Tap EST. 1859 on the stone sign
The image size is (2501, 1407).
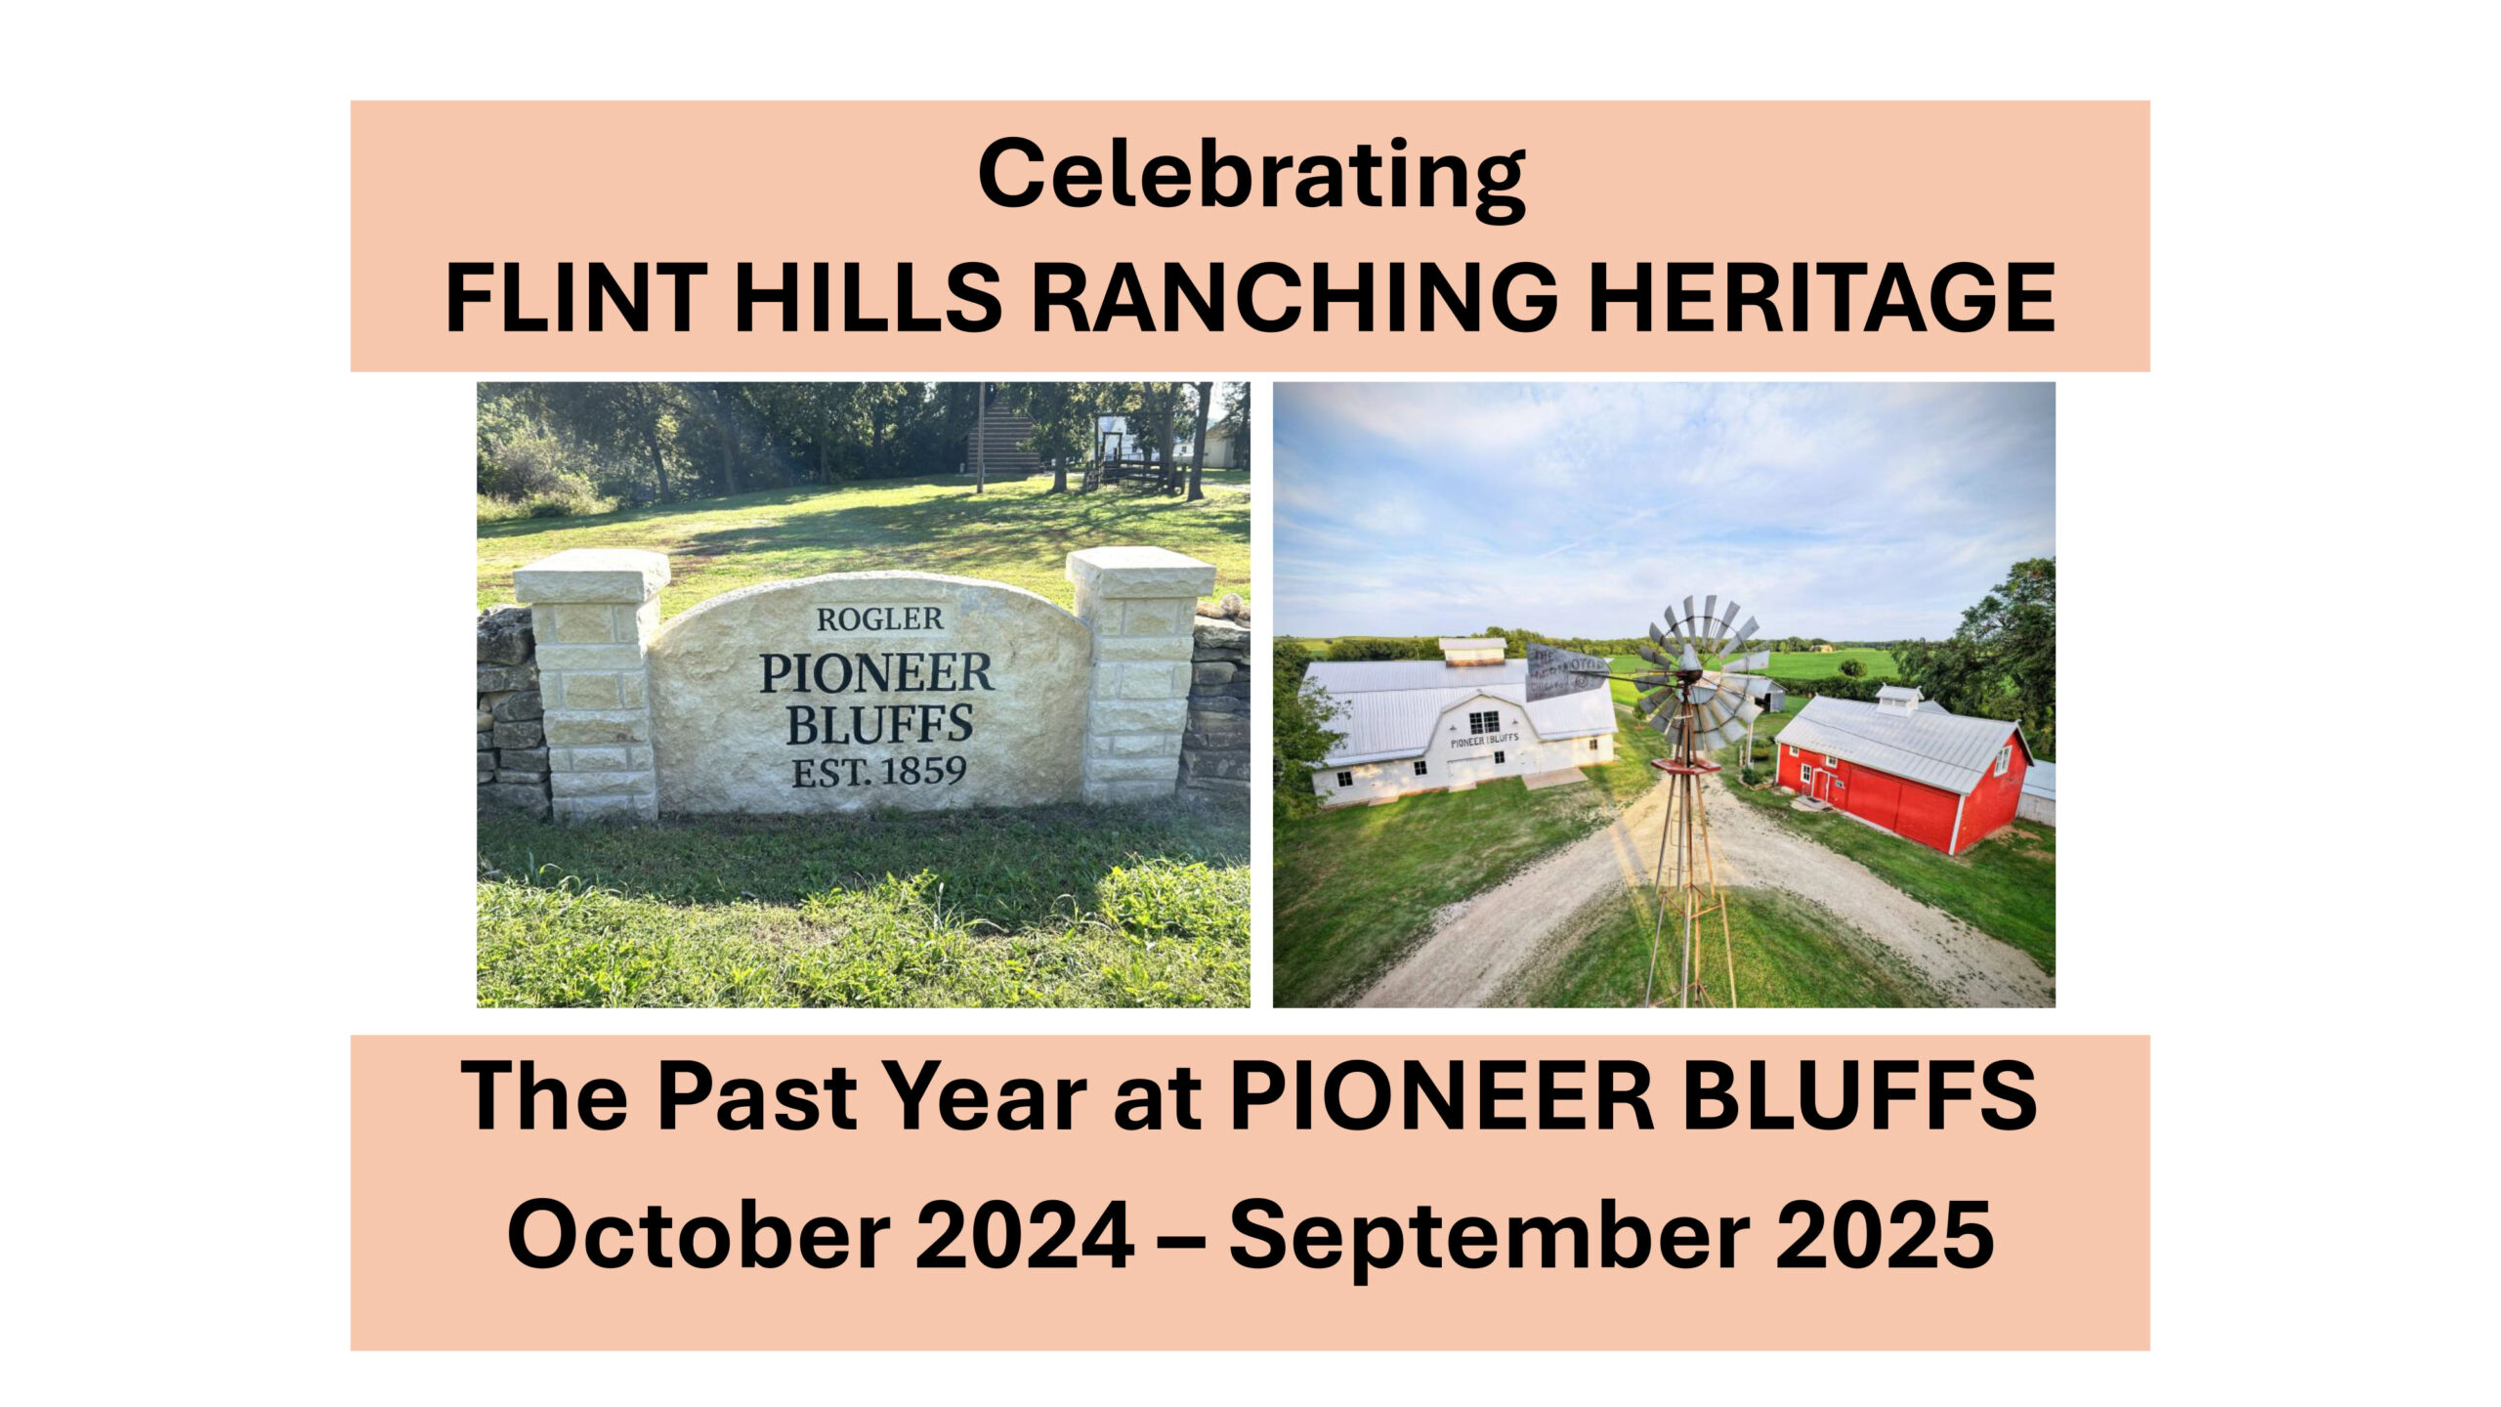[878, 773]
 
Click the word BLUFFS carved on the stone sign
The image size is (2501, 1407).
[879, 724]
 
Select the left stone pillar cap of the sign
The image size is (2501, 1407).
[591, 576]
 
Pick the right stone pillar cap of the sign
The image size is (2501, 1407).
[1140, 573]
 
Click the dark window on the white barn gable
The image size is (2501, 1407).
[1483, 723]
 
